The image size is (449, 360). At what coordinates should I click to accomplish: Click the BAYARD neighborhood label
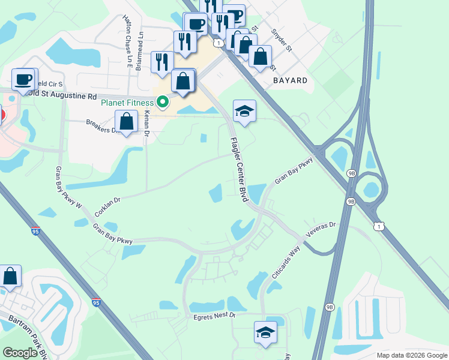pyautogui.click(x=290, y=80)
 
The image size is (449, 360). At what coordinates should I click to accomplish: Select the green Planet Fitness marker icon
pyautogui.click(x=163, y=103)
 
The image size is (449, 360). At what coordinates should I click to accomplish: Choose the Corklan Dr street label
pyautogui.click(x=108, y=205)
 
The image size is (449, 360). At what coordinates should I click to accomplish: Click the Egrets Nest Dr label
pyautogui.click(x=215, y=316)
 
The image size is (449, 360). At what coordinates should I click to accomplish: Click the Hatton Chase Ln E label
pyautogui.click(x=128, y=41)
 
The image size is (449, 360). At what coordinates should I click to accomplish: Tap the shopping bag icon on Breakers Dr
pyautogui.click(x=127, y=121)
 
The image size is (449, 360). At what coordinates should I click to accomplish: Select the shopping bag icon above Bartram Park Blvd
pyautogui.click(x=10, y=276)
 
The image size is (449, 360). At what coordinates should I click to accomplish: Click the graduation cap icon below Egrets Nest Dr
pyautogui.click(x=265, y=332)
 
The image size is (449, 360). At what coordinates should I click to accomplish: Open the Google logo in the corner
pyautogui.click(x=20, y=353)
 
